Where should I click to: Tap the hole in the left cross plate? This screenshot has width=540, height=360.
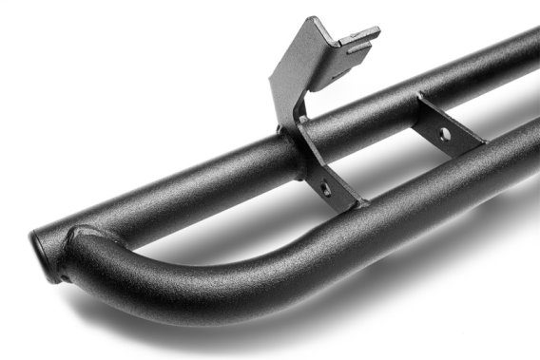[325, 188]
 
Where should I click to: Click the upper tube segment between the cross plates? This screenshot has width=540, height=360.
[371, 114]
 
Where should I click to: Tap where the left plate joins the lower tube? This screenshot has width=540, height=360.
[352, 204]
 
